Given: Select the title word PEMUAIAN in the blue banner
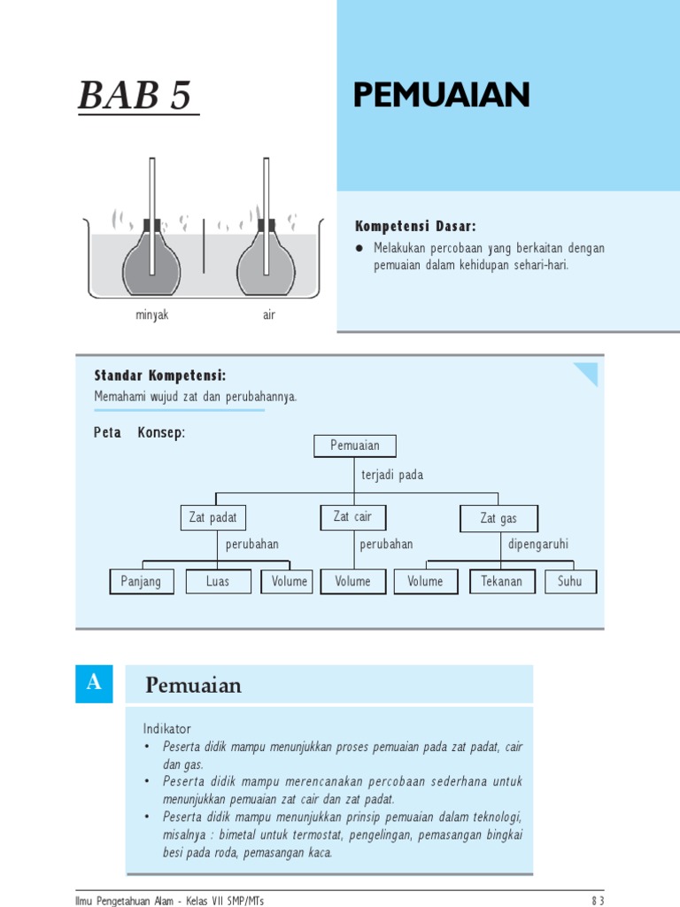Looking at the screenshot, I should click(x=441, y=95).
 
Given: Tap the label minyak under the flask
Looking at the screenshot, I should click(x=151, y=315).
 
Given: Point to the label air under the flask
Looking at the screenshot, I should click(x=268, y=315).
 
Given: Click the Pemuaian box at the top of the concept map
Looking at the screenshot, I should click(x=354, y=446).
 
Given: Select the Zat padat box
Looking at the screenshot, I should click(x=212, y=518).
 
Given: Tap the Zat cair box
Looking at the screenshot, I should click(x=352, y=517).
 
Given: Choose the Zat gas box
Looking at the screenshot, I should click(x=498, y=519).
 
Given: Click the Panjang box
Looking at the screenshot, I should click(x=142, y=582).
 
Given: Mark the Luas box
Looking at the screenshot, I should click(x=218, y=582).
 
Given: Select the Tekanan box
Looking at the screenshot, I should click(x=501, y=582).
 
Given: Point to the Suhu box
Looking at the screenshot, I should click(x=570, y=582).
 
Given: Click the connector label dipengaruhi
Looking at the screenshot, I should click(x=538, y=544).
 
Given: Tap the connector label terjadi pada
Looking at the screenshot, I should click(x=392, y=476).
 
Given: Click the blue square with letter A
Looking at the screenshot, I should click(x=94, y=684).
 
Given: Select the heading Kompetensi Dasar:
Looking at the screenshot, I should click(x=415, y=227).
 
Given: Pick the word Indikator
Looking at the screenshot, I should click(x=167, y=728).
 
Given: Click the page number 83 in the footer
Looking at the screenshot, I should click(x=598, y=901).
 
